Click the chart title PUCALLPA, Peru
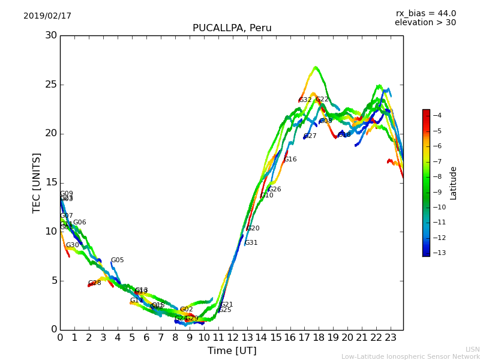(x=232, y=28)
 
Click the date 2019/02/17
(x=47, y=16)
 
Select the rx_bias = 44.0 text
(x=425, y=14)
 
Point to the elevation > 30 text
(x=425, y=23)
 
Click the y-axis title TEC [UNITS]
(x=37, y=182)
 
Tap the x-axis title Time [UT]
(x=232, y=351)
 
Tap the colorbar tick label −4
(x=437, y=116)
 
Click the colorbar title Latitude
(x=454, y=183)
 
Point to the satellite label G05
(x=117, y=260)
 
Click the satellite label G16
(x=290, y=160)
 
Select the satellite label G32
(x=305, y=100)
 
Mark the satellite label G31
(x=251, y=243)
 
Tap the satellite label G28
(x=95, y=283)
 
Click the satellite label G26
(x=275, y=190)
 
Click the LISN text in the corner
(x=473, y=349)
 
